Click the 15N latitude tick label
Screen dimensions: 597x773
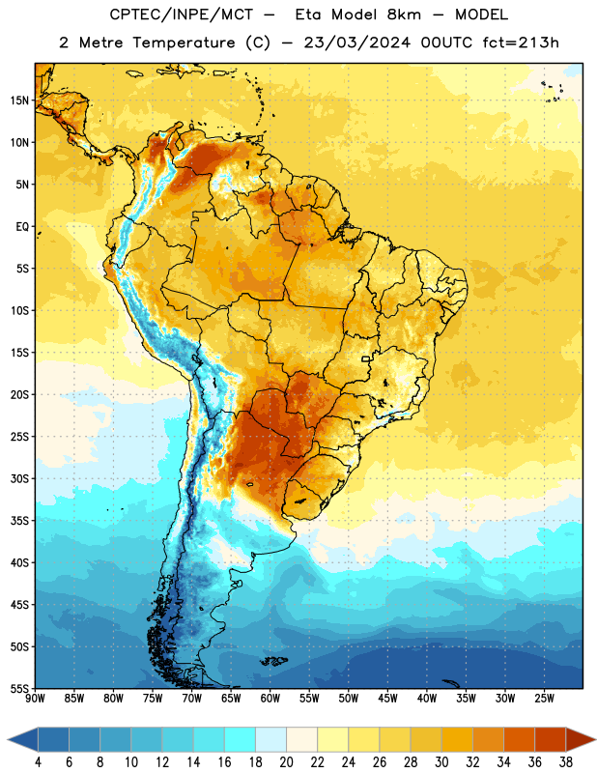(19, 100)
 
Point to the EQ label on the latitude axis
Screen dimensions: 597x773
(22, 227)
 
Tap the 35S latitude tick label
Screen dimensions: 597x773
(19, 521)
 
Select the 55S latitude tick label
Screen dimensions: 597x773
(19, 688)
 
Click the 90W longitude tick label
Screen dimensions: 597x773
(35, 699)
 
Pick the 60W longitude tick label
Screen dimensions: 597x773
(270, 699)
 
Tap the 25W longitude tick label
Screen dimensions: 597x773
(544, 699)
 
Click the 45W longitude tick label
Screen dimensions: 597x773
(387, 699)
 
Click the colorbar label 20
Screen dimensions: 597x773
(286, 762)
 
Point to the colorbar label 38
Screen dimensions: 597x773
(566, 762)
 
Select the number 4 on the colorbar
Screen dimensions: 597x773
(38, 762)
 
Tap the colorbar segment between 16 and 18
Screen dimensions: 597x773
(241, 739)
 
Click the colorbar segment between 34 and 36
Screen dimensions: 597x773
(520, 739)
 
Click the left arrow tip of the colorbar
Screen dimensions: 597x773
(8, 739)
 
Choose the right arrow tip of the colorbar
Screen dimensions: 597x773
(596, 739)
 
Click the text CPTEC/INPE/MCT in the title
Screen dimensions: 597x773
(181, 14)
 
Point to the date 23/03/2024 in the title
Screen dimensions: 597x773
(356, 43)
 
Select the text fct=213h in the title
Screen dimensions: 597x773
(521, 43)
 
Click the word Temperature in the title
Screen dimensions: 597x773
(184, 43)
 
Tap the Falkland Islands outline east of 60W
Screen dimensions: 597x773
(273, 661)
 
